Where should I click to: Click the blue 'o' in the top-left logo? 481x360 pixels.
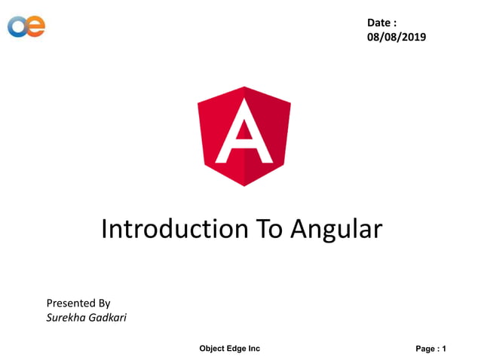click(17, 26)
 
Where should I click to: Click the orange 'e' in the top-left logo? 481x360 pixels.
click(35, 26)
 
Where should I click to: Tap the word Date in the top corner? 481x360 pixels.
click(378, 23)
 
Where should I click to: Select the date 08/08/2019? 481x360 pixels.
click(397, 37)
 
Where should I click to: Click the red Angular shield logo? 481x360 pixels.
click(244, 136)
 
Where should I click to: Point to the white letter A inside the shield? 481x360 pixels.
click(244, 134)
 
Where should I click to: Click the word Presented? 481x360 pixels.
click(71, 303)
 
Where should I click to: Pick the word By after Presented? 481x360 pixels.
click(104, 304)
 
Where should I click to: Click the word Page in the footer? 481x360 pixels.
click(425, 349)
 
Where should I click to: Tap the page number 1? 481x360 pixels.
click(445, 349)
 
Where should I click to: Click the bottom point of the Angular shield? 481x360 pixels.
click(244, 186)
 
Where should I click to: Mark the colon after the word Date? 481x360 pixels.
click(395, 23)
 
